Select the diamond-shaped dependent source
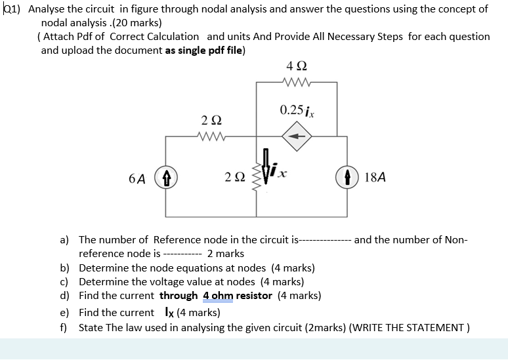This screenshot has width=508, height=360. click(297, 136)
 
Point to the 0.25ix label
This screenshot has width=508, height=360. click(297, 110)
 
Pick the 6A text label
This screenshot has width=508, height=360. click(138, 177)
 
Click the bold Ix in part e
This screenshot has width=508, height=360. click(166, 312)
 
